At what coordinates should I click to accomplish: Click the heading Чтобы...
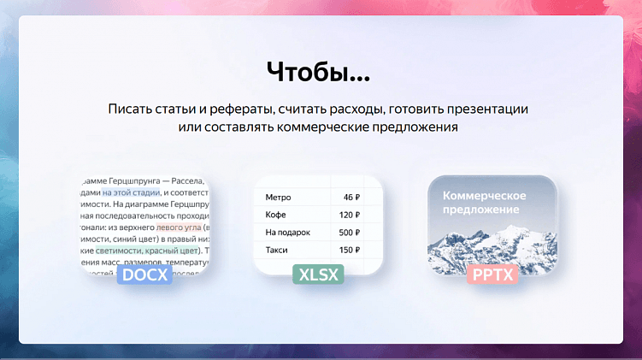(318, 72)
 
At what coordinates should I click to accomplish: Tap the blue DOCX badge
(146, 275)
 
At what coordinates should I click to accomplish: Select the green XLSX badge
(318, 275)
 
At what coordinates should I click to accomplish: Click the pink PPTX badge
(492, 275)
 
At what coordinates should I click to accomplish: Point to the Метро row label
(279, 198)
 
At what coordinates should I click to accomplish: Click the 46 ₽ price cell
(351, 198)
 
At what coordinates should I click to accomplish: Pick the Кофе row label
(276, 215)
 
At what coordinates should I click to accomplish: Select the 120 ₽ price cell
(350, 215)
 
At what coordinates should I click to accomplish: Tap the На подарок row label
(288, 233)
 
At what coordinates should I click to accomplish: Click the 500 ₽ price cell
(350, 233)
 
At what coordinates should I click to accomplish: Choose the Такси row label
(277, 251)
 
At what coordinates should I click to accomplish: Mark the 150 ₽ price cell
(350, 251)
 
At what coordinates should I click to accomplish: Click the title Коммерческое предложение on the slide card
(484, 203)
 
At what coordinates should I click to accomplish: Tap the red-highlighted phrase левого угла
(180, 227)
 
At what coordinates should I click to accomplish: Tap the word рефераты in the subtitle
(243, 110)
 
